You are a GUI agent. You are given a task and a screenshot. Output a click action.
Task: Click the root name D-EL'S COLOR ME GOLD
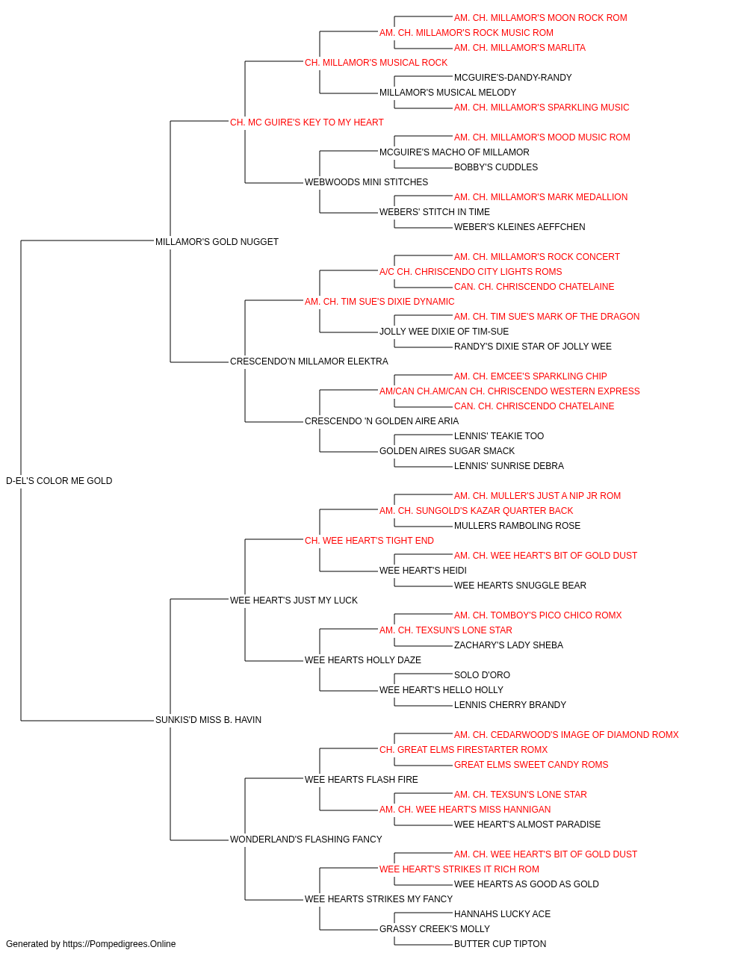tap(59, 481)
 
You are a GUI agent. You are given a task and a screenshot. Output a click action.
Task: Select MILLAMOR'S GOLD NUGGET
tap(217, 242)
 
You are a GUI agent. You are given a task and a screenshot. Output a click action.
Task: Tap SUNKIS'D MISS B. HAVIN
tap(208, 720)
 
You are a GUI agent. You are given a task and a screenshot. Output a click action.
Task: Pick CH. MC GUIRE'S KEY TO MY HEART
tap(306, 122)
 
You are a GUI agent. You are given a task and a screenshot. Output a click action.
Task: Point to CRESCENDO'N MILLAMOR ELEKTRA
tap(309, 361)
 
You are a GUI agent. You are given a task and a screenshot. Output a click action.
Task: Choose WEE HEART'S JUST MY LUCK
tap(294, 600)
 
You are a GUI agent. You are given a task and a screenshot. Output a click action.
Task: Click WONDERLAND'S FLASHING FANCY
tap(306, 839)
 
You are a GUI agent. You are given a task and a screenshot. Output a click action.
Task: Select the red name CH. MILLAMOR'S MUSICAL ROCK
tap(376, 63)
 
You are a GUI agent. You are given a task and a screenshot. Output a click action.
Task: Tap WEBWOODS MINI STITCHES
tap(366, 182)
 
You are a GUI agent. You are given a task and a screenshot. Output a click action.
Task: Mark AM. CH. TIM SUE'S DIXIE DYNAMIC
tap(379, 301)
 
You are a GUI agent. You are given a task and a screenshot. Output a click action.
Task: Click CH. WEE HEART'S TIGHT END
tap(369, 540)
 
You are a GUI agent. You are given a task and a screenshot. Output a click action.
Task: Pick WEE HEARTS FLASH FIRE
tap(362, 779)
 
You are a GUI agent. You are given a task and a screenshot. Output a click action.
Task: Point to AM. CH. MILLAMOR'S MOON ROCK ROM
tap(541, 18)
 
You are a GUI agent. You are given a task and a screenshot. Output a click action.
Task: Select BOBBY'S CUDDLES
tap(496, 167)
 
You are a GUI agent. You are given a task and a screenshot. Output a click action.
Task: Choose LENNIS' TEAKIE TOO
tap(499, 436)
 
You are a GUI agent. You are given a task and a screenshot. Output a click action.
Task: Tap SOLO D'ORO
tap(482, 675)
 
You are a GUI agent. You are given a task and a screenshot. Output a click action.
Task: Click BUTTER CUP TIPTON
tap(500, 944)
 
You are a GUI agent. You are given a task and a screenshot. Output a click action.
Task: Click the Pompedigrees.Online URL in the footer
tap(120, 944)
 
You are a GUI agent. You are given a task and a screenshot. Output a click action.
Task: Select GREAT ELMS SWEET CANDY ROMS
tap(531, 764)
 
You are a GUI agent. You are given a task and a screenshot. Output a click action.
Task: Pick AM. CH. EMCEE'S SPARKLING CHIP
tap(530, 376)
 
